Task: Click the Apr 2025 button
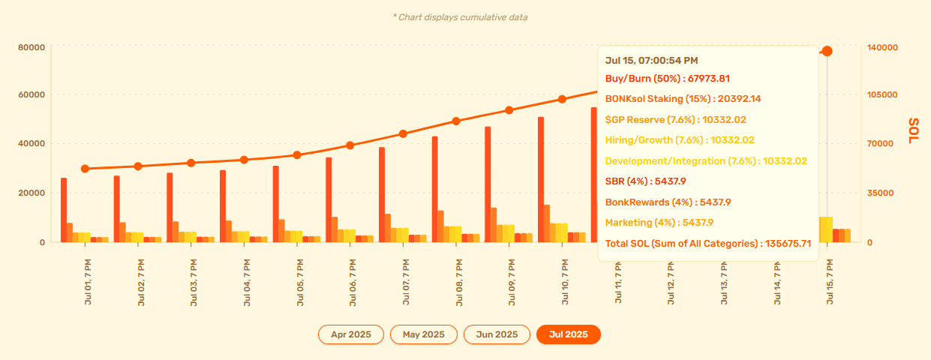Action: click(x=350, y=334)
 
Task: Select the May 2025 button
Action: click(x=423, y=334)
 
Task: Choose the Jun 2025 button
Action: click(x=497, y=334)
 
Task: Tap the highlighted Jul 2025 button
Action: click(x=568, y=334)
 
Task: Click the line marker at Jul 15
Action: click(x=827, y=51)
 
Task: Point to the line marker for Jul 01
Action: click(x=85, y=169)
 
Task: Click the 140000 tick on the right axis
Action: click(x=882, y=47)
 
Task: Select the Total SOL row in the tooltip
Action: click(x=708, y=243)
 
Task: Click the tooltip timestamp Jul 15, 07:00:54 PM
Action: click(x=651, y=60)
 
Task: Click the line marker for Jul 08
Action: click(x=455, y=121)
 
